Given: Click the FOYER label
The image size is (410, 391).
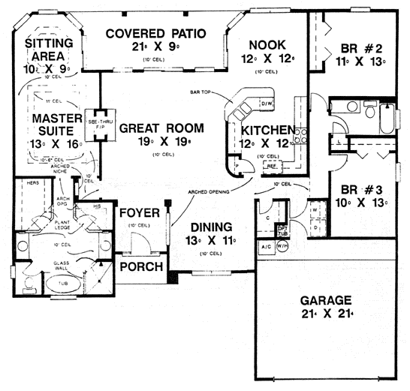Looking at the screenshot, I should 140,213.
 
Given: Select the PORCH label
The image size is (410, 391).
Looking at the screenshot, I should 140,267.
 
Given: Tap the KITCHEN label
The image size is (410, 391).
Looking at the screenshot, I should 262,129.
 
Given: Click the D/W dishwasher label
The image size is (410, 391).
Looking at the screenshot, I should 266,104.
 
